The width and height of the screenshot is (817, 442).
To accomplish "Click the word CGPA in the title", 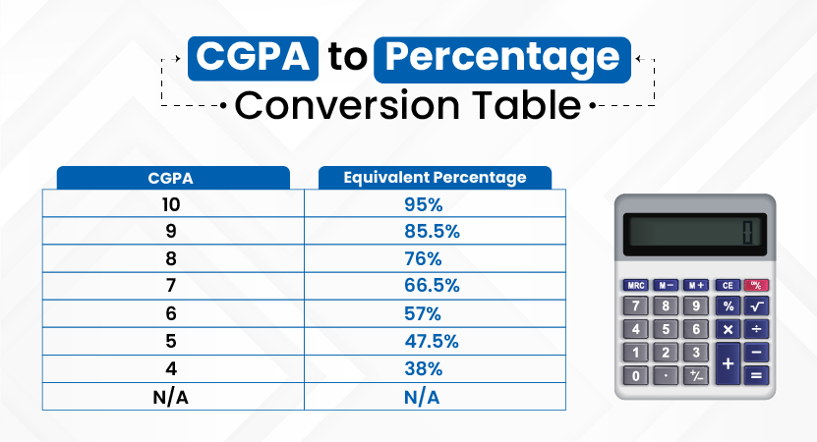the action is [253, 57].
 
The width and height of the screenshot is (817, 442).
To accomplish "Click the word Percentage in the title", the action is [502, 58].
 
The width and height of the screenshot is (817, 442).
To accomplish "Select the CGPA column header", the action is [171, 178].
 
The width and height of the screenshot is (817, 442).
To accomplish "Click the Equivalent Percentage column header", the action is [436, 178].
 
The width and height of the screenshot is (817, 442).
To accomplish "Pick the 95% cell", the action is [424, 204].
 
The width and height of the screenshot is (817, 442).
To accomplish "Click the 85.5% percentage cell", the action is [432, 231].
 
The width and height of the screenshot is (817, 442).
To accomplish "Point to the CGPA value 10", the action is [171, 204].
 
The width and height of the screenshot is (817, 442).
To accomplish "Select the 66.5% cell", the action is [432, 285].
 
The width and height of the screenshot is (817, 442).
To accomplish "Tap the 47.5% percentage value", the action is [432, 341].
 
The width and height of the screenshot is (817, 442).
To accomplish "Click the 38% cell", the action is [424, 368].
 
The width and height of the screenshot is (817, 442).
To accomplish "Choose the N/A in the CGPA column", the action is [171, 397].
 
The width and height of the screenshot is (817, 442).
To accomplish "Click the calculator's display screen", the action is [695, 234].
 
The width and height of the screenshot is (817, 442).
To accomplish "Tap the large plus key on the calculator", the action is [728, 363].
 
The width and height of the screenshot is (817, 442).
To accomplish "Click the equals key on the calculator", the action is [757, 375].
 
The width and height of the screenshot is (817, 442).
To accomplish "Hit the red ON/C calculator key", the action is [756, 285].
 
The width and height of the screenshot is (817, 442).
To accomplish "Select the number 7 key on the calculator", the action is [636, 305].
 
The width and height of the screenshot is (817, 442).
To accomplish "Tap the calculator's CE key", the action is [728, 285].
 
